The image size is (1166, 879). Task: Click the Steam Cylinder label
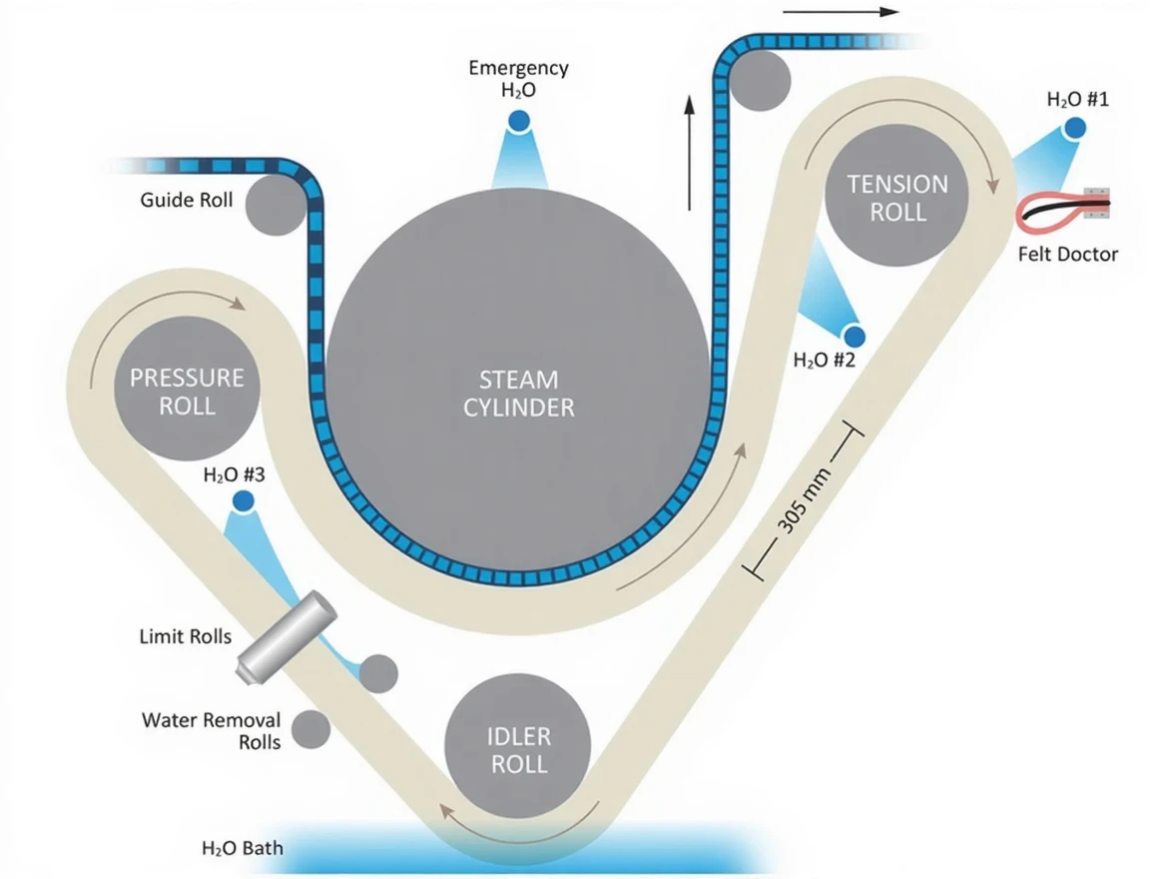click(x=519, y=394)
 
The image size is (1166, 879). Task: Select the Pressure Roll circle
click(x=187, y=391)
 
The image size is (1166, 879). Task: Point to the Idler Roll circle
click(x=518, y=750)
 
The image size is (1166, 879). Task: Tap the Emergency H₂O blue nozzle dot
click(x=519, y=121)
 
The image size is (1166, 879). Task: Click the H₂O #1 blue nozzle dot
click(x=1074, y=128)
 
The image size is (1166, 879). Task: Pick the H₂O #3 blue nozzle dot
click(x=244, y=500)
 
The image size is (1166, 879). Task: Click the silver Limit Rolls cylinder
click(x=286, y=637)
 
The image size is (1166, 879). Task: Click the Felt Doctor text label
click(x=1067, y=254)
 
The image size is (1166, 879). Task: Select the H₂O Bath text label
click(x=243, y=849)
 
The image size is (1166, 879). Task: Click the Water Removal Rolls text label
click(x=212, y=730)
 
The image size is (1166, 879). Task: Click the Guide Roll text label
click(x=187, y=200)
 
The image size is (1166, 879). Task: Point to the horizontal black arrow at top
click(x=842, y=13)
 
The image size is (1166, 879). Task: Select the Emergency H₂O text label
click(x=518, y=78)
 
